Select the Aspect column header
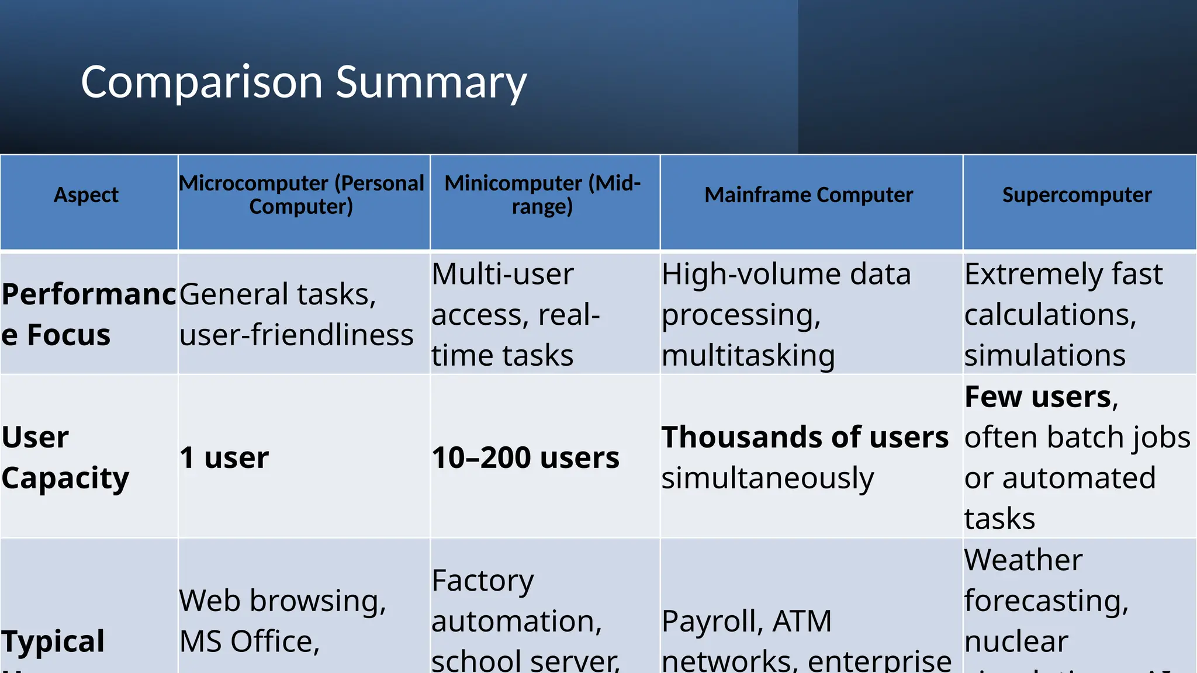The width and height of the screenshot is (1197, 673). (86, 195)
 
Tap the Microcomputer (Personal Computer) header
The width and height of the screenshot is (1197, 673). (302, 195)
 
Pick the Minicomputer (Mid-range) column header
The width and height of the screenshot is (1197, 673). (542, 195)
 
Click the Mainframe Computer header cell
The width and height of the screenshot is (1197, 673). (808, 195)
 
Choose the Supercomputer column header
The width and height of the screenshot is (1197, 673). (1077, 195)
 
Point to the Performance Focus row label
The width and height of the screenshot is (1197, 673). (88, 314)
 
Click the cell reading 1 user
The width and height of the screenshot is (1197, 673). (224, 457)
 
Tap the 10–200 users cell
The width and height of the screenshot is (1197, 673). (525, 457)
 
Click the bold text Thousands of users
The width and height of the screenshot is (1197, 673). (804, 438)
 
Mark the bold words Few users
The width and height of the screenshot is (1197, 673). (1037, 397)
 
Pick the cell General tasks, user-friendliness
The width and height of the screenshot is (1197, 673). (296, 314)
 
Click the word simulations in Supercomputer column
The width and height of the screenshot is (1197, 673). (1044, 355)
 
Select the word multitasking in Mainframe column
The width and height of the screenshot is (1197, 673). (748, 355)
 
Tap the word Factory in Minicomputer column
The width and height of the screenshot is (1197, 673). (482, 581)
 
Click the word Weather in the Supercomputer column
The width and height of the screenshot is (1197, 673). (1023, 560)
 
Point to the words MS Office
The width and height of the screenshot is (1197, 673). (249, 641)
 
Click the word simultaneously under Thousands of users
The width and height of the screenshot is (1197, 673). (767, 478)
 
